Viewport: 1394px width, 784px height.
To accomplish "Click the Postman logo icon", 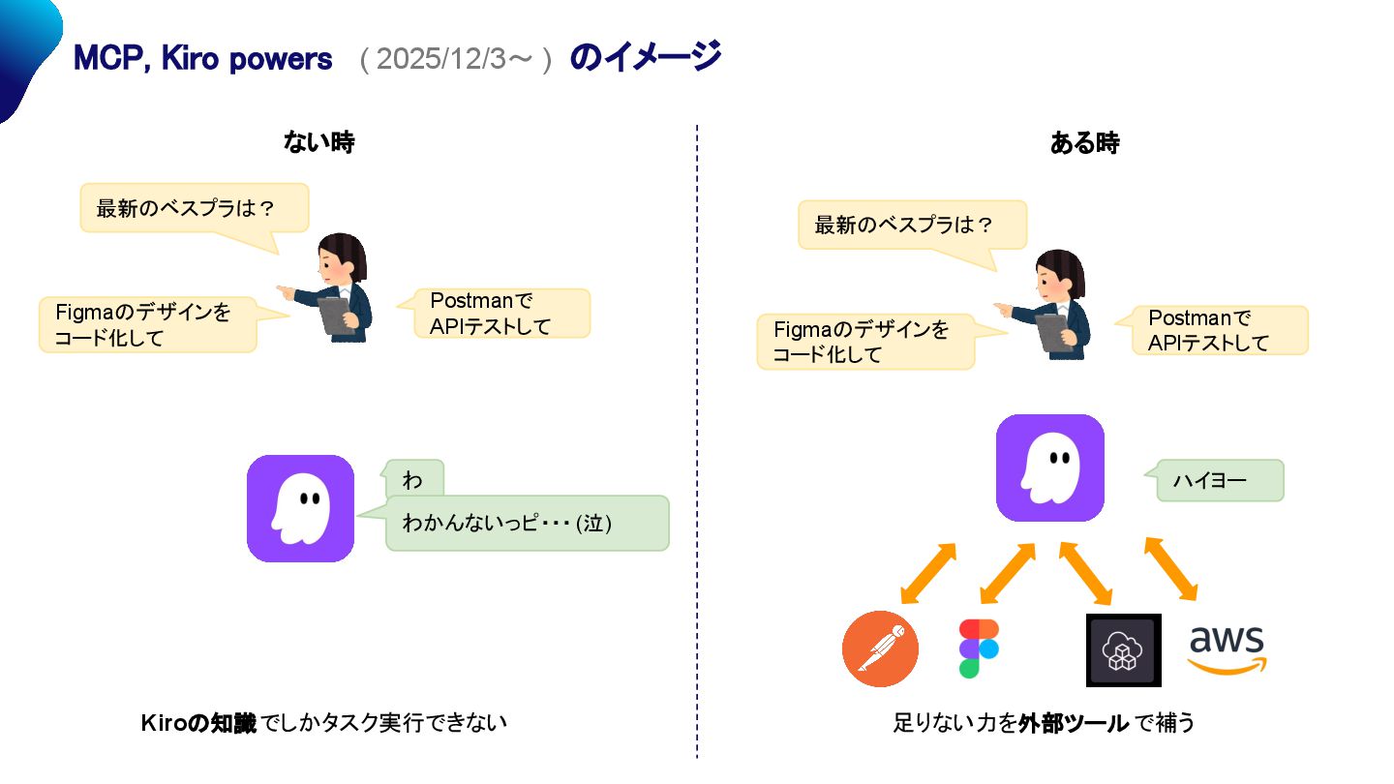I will point(880,648).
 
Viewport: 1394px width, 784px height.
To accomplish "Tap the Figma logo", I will point(979,648).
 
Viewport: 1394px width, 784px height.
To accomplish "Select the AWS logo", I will point(1227,649).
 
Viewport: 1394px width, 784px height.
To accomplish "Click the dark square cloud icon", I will point(1123,650).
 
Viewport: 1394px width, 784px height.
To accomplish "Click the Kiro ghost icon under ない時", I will point(300,508).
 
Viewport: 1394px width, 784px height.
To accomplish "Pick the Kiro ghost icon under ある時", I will point(1050,467).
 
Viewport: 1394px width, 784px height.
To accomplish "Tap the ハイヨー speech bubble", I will point(1220,480).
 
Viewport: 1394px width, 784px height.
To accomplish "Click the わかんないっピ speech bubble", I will point(527,524).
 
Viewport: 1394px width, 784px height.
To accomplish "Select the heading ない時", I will point(318,143).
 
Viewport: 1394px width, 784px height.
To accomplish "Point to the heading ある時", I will point(1084,143).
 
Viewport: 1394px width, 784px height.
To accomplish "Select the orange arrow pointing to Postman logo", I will point(928,572).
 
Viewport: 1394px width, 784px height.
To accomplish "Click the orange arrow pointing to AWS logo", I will point(1170,568).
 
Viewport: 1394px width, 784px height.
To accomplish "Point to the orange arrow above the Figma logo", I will point(1007,572).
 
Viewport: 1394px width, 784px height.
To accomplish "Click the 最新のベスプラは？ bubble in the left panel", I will point(194,208).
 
